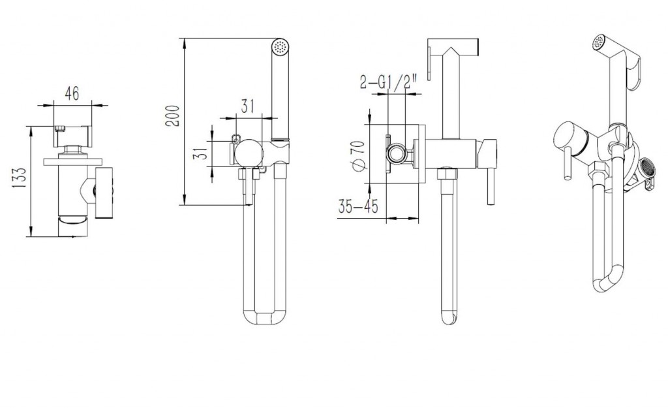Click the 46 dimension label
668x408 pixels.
coord(72,93)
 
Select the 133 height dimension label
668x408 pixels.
coord(19,178)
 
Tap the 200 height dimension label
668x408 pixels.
coord(173,116)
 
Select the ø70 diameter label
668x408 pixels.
coord(357,155)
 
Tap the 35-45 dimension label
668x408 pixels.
coord(358,206)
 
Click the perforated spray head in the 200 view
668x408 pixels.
coord(280,46)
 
